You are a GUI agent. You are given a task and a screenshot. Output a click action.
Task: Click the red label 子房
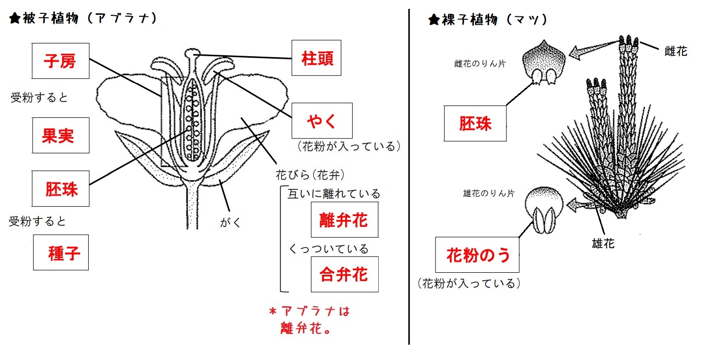[x=61, y=61]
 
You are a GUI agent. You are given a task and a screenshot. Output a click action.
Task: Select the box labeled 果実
[x=61, y=135]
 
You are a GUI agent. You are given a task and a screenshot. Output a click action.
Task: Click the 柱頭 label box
[x=316, y=58]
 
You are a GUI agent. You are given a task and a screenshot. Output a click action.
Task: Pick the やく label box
[x=322, y=120]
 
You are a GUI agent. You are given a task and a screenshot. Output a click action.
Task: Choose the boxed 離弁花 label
[x=344, y=219]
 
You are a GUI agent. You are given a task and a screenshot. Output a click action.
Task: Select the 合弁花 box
[x=344, y=274]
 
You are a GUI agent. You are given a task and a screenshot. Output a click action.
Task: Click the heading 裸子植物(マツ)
[x=488, y=20]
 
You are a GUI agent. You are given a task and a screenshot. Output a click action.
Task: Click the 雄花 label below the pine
[x=603, y=243]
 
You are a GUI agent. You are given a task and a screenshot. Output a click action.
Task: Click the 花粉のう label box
[x=477, y=255]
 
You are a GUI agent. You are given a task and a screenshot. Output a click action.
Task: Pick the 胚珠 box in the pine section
[x=475, y=123]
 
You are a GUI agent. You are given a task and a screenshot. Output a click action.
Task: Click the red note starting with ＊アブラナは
[x=309, y=320]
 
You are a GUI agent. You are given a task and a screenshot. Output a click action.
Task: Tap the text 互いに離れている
[x=334, y=194]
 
